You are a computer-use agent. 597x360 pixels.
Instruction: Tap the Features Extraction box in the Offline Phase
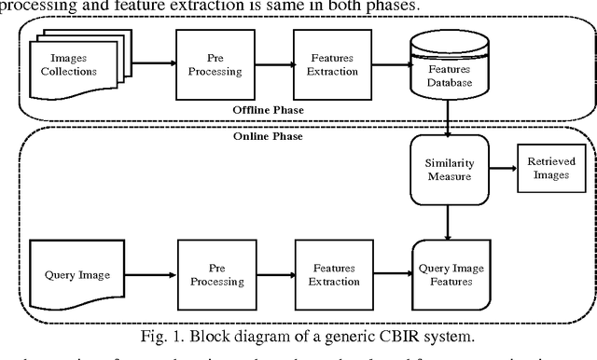coord(326,63)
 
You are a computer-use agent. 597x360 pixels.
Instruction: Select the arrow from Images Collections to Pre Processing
coord(153,64)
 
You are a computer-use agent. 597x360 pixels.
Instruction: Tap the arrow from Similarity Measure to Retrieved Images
coord(496,170)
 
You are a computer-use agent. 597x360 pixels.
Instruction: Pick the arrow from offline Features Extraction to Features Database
coord(384,64)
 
